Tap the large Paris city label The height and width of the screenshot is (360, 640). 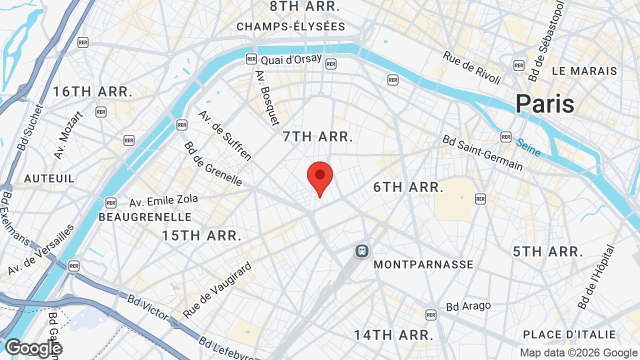(545, 104)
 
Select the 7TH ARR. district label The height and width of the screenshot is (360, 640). (318, 136)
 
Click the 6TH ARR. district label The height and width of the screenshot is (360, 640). (408, 187)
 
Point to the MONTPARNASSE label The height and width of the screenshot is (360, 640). (423, 264)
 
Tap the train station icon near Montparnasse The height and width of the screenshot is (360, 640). (361, 251)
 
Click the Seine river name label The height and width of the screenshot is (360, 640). (528, 147)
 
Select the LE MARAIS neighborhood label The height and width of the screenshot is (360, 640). (584, 71)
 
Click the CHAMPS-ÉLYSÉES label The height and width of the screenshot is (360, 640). (291, 26)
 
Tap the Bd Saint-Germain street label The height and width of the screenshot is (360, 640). (482, 152)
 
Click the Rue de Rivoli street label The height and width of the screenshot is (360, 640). (471, 67)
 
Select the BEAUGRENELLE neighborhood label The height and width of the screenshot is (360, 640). (145, 217)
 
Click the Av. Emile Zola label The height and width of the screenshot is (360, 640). (163, 201)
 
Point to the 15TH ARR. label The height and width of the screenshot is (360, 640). (202, 235)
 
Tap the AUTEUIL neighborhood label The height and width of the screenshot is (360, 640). (49, 178)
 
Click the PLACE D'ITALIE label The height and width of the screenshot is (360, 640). (569, 334)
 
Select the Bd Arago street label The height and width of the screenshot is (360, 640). (468, 305)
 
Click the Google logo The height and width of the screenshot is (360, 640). (33, 348)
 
